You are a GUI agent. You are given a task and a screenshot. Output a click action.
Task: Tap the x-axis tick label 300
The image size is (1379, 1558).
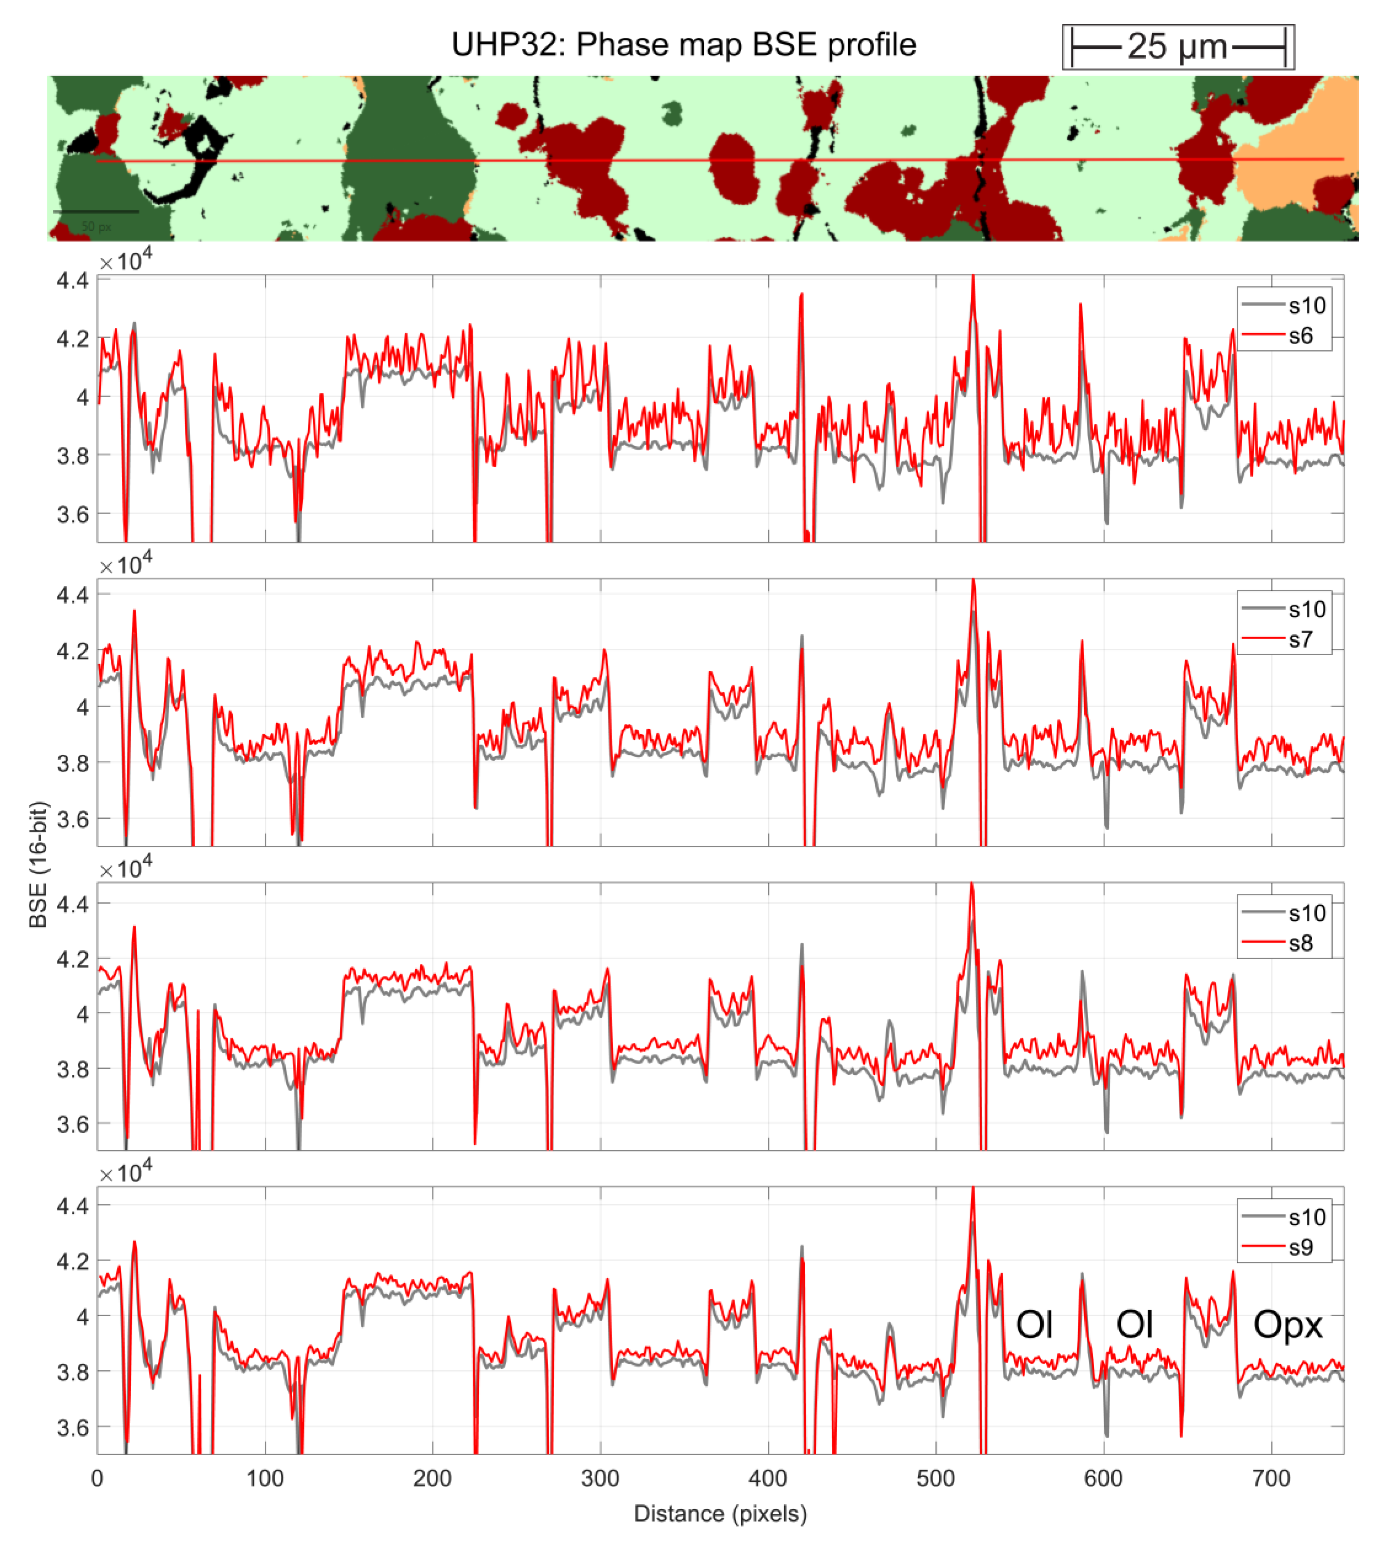600,1478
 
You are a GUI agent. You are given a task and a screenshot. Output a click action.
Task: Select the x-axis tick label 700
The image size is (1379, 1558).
1271,1478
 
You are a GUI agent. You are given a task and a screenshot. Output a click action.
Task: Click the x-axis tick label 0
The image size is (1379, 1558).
97,1478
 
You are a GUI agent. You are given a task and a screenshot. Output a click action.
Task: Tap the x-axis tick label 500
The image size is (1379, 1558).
935,1478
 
